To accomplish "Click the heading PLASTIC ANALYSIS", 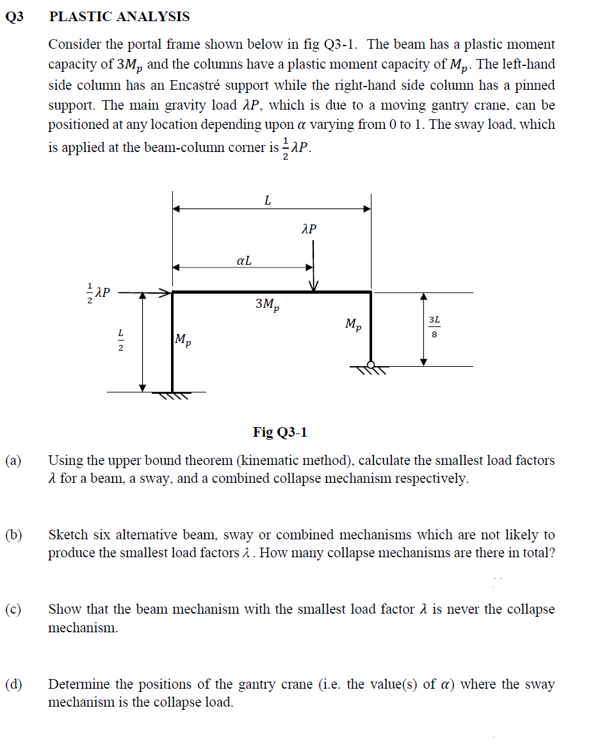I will [x=119, y=17].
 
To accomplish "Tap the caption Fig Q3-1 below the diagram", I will [x=280, y=432].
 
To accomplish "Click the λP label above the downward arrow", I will [x=309, y=229].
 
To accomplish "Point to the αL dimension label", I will [x=244, y=260].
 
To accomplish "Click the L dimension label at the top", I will [x=268, y=200].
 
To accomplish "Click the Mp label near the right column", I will [x=353, y=324].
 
